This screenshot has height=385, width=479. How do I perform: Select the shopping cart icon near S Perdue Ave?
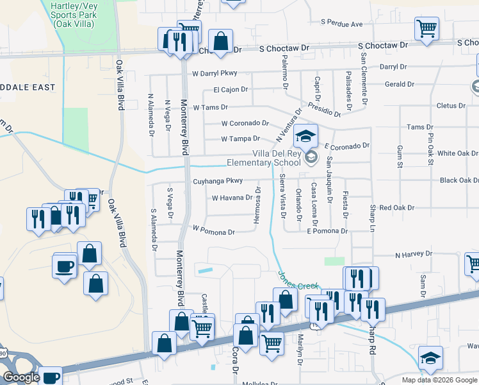click(x=426, y=29)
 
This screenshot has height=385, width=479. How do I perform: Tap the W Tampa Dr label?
click(x=240, y=139)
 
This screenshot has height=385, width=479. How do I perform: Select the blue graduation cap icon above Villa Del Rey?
click(x=306, y=136)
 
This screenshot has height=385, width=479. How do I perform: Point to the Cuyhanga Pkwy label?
click(x=218, y=182)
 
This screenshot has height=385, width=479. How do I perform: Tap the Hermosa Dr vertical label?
click(x=257, y=207)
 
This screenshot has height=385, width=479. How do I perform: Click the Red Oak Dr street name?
click(x=396, y=208)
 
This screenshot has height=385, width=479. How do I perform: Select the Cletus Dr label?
click(x=450, y=106)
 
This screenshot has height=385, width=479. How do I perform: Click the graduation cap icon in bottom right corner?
click(x=430, y=359)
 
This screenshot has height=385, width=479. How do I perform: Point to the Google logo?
click(x=21, y=377)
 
